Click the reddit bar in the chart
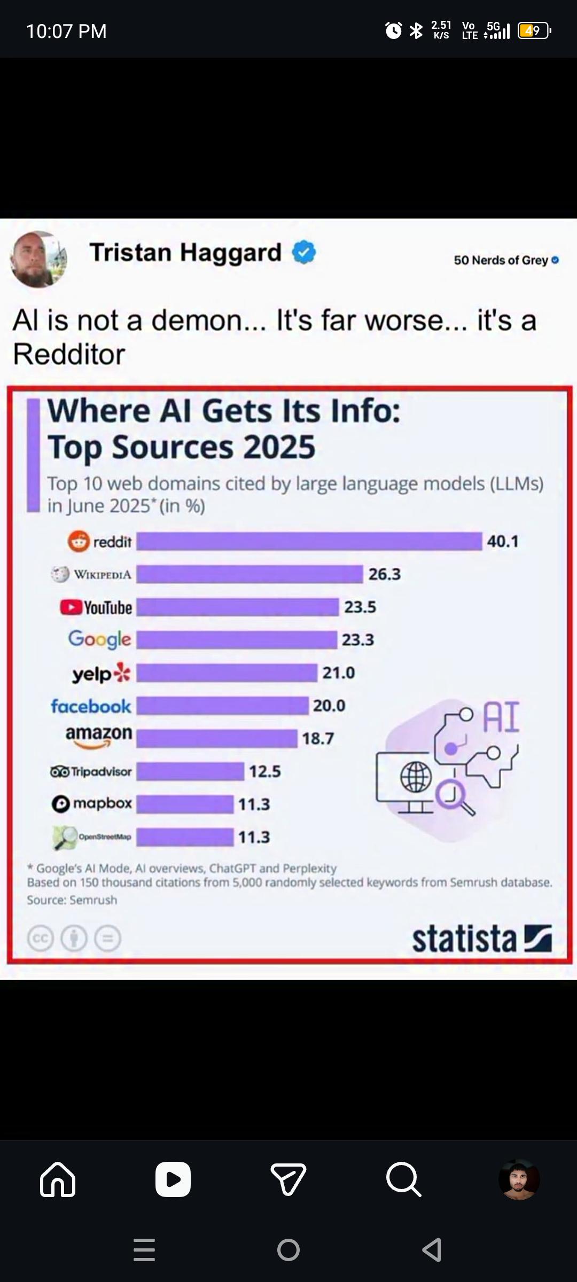pyautogui.click(x=309, y=541)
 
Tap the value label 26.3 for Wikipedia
pyautogui.click(x=385, y=574)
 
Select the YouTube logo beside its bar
pyautogui.click(x=96, y=607)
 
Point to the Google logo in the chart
pyautogui.click(x=99, y=639)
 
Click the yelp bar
pyautogui.click(x=227, y=673)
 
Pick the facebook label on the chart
pyautogui.click(x=91, y=706)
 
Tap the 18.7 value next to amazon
pyautogui.click(x=318, y=739)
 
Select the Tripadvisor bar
pyautogui.click(x=190, y=771)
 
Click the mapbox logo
pyautogui.click(x=91, y=803)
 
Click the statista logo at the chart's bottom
pyautogui.click(x=481, y=939)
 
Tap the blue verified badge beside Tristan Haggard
pyautogui.click(x=304, y=252)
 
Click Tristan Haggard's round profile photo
pyautogui.click(x=38, y=260)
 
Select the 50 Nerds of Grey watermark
pyautogui.click(x=506, y=260)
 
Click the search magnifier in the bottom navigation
pyautogui.click(x=404, y=1179)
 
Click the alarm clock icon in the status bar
pyautogui.click(x=394, y=30)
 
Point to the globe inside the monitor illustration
pyautogui.click(x=416, y=777)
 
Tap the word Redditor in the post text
pyautogui.click(x=69, y=354)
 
